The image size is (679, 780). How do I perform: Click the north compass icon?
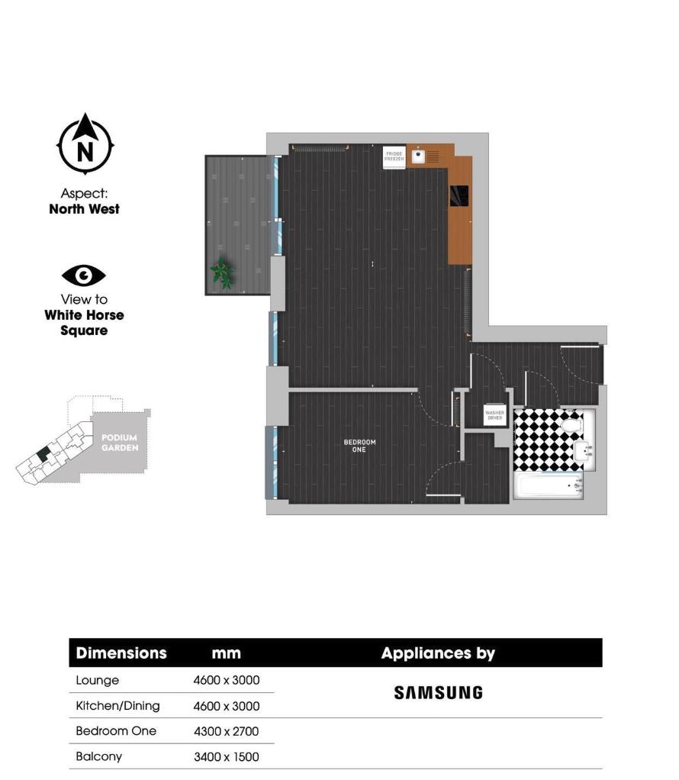click(85, 145)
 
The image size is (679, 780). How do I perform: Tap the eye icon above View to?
click(84, 276)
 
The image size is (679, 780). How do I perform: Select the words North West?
click(84, 209)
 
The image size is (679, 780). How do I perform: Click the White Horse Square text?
click(84, 323)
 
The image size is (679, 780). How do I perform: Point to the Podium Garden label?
click(120, 443)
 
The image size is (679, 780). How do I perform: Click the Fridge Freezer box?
click(394, 157)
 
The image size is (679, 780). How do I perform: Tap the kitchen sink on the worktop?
click(418, 156)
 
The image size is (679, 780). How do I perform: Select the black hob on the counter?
click(459, 196)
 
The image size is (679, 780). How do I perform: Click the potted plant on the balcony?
click(222, 272)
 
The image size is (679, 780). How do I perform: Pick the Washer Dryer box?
click(494, 415)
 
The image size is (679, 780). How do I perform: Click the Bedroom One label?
click(359, 446)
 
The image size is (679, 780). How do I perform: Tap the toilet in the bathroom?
click(570, 423)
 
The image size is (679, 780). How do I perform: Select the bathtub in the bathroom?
click(548, 485)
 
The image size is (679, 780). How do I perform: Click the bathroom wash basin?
click(584, 451)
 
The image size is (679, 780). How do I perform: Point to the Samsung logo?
click(438, 693)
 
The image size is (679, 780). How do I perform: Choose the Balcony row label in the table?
click(98, 757)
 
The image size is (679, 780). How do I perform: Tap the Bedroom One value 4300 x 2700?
click(227, 731)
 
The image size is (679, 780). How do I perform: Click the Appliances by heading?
click(438, 653)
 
